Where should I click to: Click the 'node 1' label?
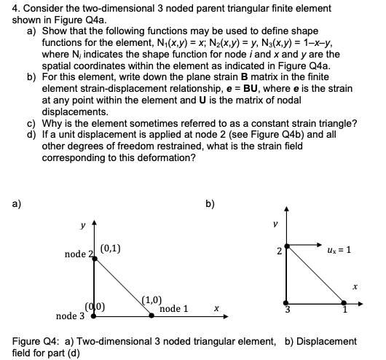(175, 309)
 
